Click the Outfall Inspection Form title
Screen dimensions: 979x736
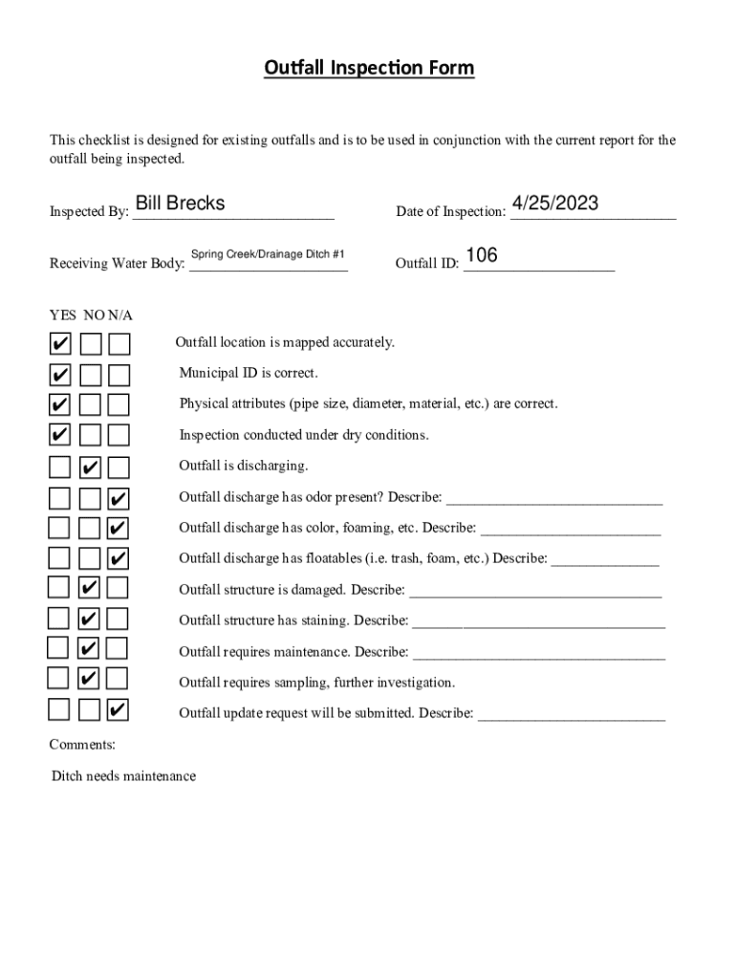pos(368,68)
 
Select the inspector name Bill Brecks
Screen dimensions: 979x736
pos(180,203)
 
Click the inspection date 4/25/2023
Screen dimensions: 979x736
pos(555,203)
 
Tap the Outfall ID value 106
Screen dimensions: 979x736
pos(481,255)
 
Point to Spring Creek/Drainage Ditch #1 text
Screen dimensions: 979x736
pos(268,254)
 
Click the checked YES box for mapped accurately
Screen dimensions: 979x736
pos(59,343)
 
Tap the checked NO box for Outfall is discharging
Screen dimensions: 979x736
pos(90,468)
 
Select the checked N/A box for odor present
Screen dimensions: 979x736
pos(119,499)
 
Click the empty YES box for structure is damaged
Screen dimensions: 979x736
pos(59,587)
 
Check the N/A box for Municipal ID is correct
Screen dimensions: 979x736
pos(119,374)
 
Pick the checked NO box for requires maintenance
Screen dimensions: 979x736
pos(88,649)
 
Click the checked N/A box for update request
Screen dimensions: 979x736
pos(119,711)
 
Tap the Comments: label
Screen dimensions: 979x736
pos(82,744)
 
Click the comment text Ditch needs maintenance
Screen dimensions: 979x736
pos(123,776)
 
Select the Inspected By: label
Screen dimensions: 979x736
pos(89,212)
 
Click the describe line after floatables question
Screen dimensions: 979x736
pos(605,559)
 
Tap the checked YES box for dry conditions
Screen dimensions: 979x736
pos(59,436)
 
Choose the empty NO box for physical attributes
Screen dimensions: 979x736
pos(90,405)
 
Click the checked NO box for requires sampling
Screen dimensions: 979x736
pos(88,680)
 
